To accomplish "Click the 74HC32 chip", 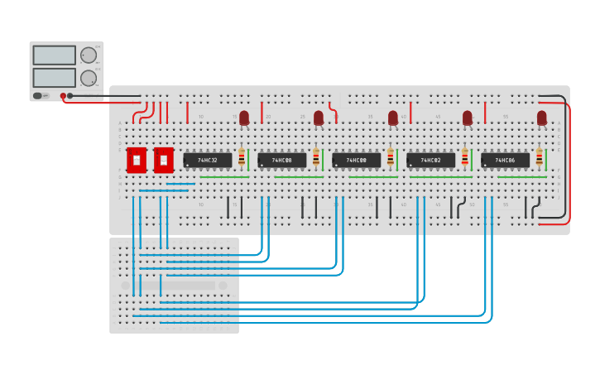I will click(x=207, y=160).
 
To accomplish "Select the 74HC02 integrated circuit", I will click(x=430, y=160).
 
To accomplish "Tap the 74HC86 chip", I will click(x=505, y=160).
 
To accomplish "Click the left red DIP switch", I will click(x=137, y=159).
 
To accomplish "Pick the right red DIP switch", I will click(x=163, y=159).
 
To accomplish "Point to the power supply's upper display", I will click(x=54, y=55).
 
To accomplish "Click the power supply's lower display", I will click(x=54, y=77).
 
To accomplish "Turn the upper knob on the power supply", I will click(x=88, y=55).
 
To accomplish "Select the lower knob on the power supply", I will click(x=88, y=78).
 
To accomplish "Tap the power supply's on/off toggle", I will click(x=37, y=96).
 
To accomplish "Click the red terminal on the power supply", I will click(x=62, y=96).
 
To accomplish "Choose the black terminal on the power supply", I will click(x=70, y=96).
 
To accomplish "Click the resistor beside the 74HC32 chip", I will click(x=242, y=157).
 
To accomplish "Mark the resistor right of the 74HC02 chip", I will click(x=464, y=157).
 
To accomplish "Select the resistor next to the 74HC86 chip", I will click(x=539, y=157).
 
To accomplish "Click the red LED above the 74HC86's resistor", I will click(x=542, y=118).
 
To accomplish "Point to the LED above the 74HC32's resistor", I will click(x=244, y=118).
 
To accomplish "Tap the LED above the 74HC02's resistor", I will click(x=468, y=118).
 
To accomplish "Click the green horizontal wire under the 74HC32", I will click(x=223, y=177).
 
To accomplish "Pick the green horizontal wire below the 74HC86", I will click(x=521, y=177).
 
